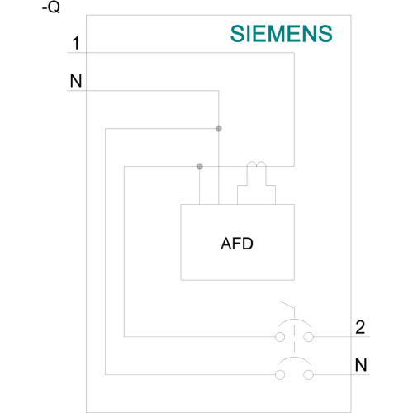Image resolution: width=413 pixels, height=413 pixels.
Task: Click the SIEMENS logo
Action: (x=282, y=34)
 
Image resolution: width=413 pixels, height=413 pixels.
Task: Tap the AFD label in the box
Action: (x=237, y=244)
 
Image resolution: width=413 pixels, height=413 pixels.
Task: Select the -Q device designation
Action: (x=51, y=7)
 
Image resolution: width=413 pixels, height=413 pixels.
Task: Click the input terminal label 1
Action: (x=76, y=43)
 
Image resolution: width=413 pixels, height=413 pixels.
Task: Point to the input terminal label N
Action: (x=76, y=81)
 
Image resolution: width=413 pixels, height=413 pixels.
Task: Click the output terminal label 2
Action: (x=360, y=327)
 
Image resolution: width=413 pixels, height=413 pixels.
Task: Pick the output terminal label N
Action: (x=361, y=365)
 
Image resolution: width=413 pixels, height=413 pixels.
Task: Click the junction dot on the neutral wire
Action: (x=218, y=129)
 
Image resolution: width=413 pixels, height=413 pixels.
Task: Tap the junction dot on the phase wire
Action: (x=200, y=166)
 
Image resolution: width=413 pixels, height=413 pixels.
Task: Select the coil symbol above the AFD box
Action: (x=256, y=164)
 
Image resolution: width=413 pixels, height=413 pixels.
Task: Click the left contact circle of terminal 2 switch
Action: (x=280, y=337)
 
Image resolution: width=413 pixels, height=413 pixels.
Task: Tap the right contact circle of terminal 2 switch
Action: (x=308, y=337)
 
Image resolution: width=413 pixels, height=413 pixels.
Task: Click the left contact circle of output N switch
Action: (x=280, y=375)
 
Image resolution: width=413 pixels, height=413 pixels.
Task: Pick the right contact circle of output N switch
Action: (x=308, y=375)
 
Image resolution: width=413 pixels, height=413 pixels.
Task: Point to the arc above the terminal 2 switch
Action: (x=294, y=320)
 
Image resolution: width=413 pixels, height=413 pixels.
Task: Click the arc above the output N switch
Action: (x=294, y=358)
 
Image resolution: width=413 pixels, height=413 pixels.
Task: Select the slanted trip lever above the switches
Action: (x=287, y=305)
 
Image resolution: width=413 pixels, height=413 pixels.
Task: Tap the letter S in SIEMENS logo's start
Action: (x=238, y=34)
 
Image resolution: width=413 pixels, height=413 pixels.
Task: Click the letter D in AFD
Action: (x=248, y=244)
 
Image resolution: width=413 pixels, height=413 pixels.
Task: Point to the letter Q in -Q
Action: (x=55, y=7)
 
